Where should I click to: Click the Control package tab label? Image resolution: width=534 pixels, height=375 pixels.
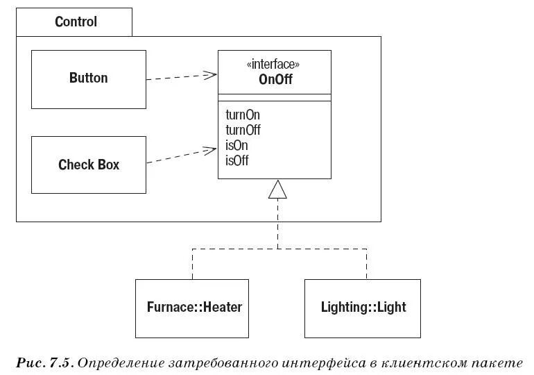click(x=76, y=22)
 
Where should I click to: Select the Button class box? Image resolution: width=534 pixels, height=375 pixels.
click(x=88, y=78)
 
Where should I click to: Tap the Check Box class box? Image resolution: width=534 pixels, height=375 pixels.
click(x=88, y=165)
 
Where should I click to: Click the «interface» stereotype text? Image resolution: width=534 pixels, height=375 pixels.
click(x=273, y=65)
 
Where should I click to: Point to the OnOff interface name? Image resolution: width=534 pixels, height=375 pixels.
click(x=273, y=79)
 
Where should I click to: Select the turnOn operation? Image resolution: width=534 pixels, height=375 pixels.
click(x=243, y=115)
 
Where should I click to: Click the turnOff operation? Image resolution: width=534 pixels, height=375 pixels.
click(x=243, y=130)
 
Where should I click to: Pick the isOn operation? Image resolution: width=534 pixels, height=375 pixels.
click(x=237, y=145)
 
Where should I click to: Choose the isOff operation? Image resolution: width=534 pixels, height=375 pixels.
click(x=237, y=160)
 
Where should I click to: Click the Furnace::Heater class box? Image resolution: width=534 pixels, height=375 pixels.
click(x=194, y=307)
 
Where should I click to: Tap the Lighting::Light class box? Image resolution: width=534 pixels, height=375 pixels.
click(x=363, y=307)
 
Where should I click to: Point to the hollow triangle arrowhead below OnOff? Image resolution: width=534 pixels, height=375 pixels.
click(x=277, y=189)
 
